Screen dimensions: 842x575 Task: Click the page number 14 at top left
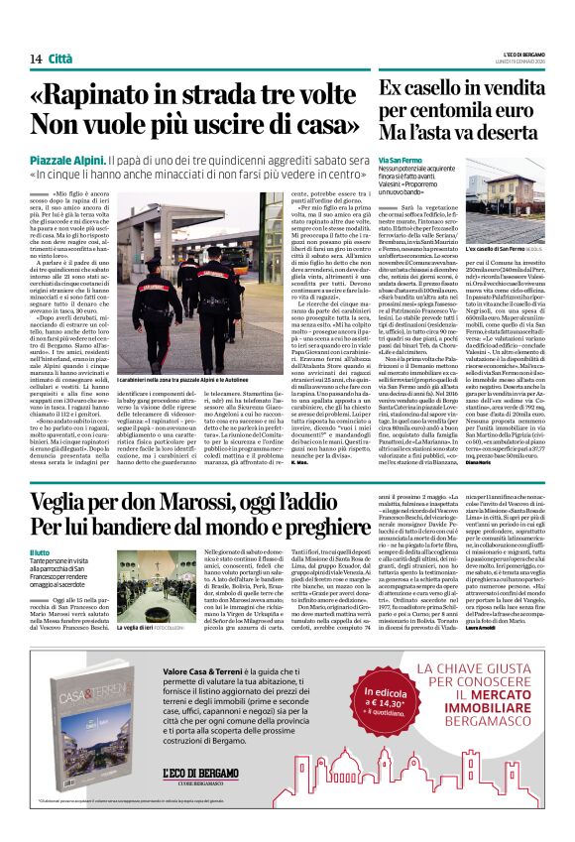(35, 60)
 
